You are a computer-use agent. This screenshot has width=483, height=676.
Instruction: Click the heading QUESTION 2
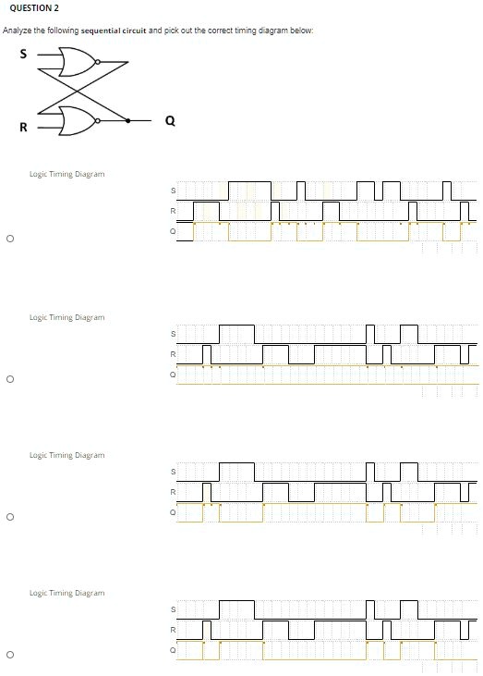click(34, 7)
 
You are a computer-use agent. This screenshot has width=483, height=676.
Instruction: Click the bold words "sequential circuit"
click(114, 31)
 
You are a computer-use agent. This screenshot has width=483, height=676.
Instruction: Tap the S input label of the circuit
click(23, 54)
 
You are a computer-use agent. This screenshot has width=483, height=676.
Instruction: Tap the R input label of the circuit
click(23, 128)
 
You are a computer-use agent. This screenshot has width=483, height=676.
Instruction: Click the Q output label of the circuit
click(171, 121)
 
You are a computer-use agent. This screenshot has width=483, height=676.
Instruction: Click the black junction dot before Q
click(127, 121)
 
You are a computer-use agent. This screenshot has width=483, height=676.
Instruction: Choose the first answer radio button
click(10, 239)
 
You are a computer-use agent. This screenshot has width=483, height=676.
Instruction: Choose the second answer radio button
click(10, 379)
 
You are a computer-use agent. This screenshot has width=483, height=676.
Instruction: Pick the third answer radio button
click(10, 517)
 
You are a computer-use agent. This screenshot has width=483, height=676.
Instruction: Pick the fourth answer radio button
click(10, 655)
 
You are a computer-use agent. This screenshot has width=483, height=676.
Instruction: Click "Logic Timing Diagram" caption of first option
click(66, 174)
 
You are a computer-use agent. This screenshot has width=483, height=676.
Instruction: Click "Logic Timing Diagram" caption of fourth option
click(66, 593)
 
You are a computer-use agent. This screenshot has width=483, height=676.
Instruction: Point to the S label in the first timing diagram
click(173, 191)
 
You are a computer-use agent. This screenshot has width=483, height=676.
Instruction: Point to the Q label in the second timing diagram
click(173, 375)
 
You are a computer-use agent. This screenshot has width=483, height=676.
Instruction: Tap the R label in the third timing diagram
click(173, 492)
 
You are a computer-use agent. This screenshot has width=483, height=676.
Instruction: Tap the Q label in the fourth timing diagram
click(173, 650)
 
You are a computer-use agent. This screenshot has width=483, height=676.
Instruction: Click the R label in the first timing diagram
click(173, 211)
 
